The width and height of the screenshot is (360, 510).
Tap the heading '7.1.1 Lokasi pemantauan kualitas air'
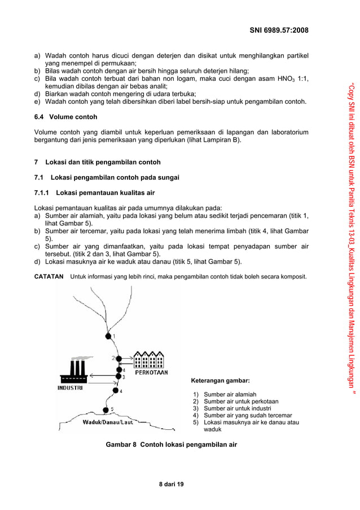coord(95,193)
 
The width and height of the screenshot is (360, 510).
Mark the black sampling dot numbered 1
coord(108,336)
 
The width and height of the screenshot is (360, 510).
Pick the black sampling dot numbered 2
coord(119,358)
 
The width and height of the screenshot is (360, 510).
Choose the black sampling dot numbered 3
coord(118,376)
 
